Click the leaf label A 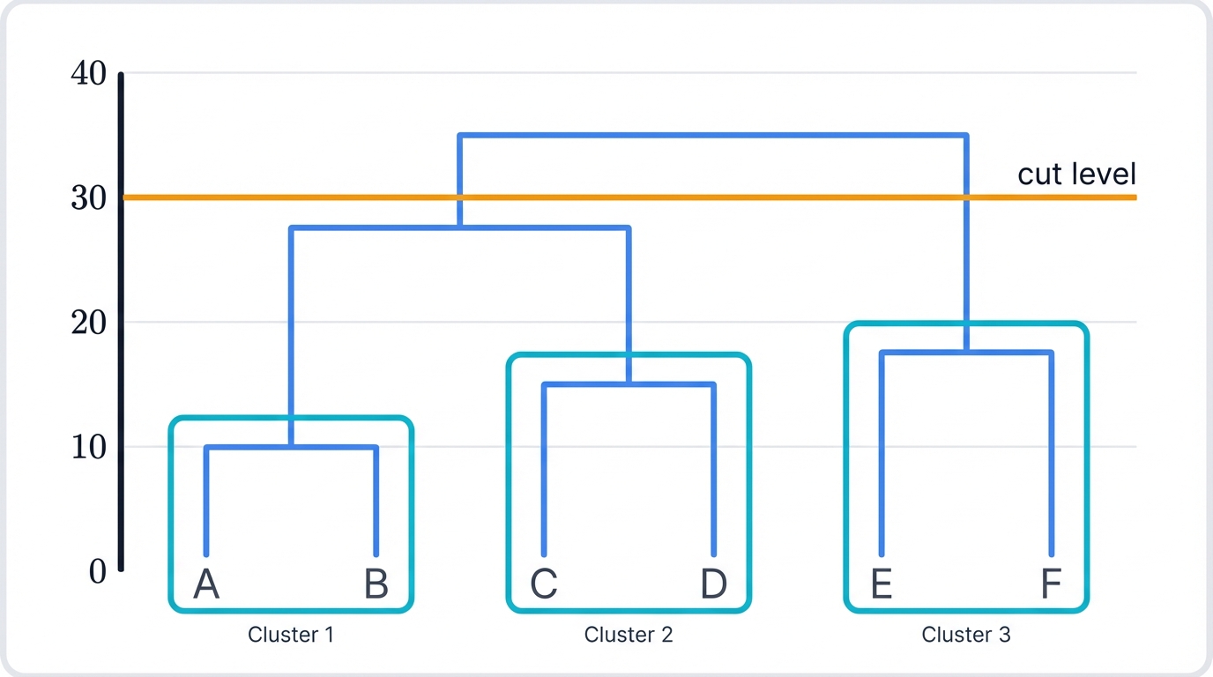(x=206, y=584)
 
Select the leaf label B (x=376, y=584)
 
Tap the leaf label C (x=544, y=584)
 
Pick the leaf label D (x=714, y=584)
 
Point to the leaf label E (x=882, y=584)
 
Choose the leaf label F (x=1051, y=584)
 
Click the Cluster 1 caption (x=291, y=635)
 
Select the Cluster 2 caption (x=629, y=635)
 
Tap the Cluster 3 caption (x=966, y=635)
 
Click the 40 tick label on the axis (x=88, y=74)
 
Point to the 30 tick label (x=88, y=198)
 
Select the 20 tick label (x=88, y=324)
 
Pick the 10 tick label (x=88, y=448)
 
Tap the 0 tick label (x=97, y=572)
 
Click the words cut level (x=1076, y=175)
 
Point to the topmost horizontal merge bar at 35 (x=712, y=135)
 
